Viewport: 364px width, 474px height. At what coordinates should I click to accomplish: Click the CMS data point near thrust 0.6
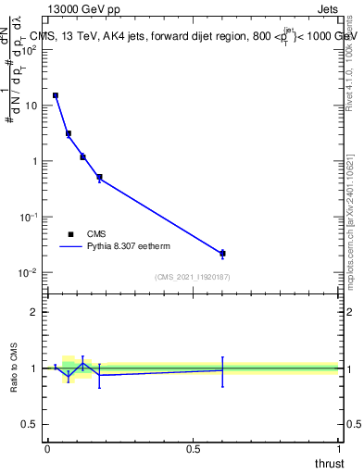pos(222,253)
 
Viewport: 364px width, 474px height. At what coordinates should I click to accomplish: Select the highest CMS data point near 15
pos(56,95)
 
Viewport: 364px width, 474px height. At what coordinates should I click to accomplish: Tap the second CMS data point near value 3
pos(69,133)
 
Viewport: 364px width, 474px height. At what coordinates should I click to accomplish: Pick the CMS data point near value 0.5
pos(99,177)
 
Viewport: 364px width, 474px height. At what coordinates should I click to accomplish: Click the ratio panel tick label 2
pos(35,312)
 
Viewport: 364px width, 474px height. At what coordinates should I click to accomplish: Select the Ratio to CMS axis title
pos(15,368)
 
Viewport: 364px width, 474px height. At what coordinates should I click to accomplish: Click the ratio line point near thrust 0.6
pos(222,369)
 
